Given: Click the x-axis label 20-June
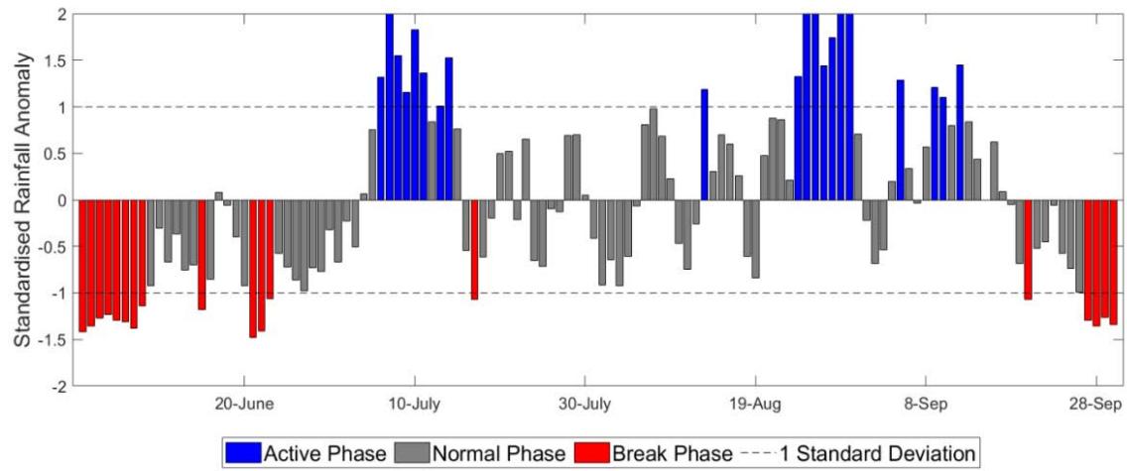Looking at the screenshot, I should tap(243, 405).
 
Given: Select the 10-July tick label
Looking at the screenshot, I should tap(414, 405).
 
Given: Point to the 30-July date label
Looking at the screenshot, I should tap(584, 405).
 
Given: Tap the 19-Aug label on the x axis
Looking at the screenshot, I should tap(756, 405).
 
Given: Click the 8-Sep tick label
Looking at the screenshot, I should tap(927, 405).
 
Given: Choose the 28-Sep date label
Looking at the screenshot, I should tap(1096, 405).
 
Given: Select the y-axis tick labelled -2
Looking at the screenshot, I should tap(59, 387).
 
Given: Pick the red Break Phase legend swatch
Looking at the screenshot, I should tap(590, 453).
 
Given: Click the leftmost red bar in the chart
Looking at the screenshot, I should tap(82, 266).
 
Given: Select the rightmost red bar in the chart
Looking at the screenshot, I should tap(1113, 262).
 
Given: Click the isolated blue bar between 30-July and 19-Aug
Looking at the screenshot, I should tap(704, 145).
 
